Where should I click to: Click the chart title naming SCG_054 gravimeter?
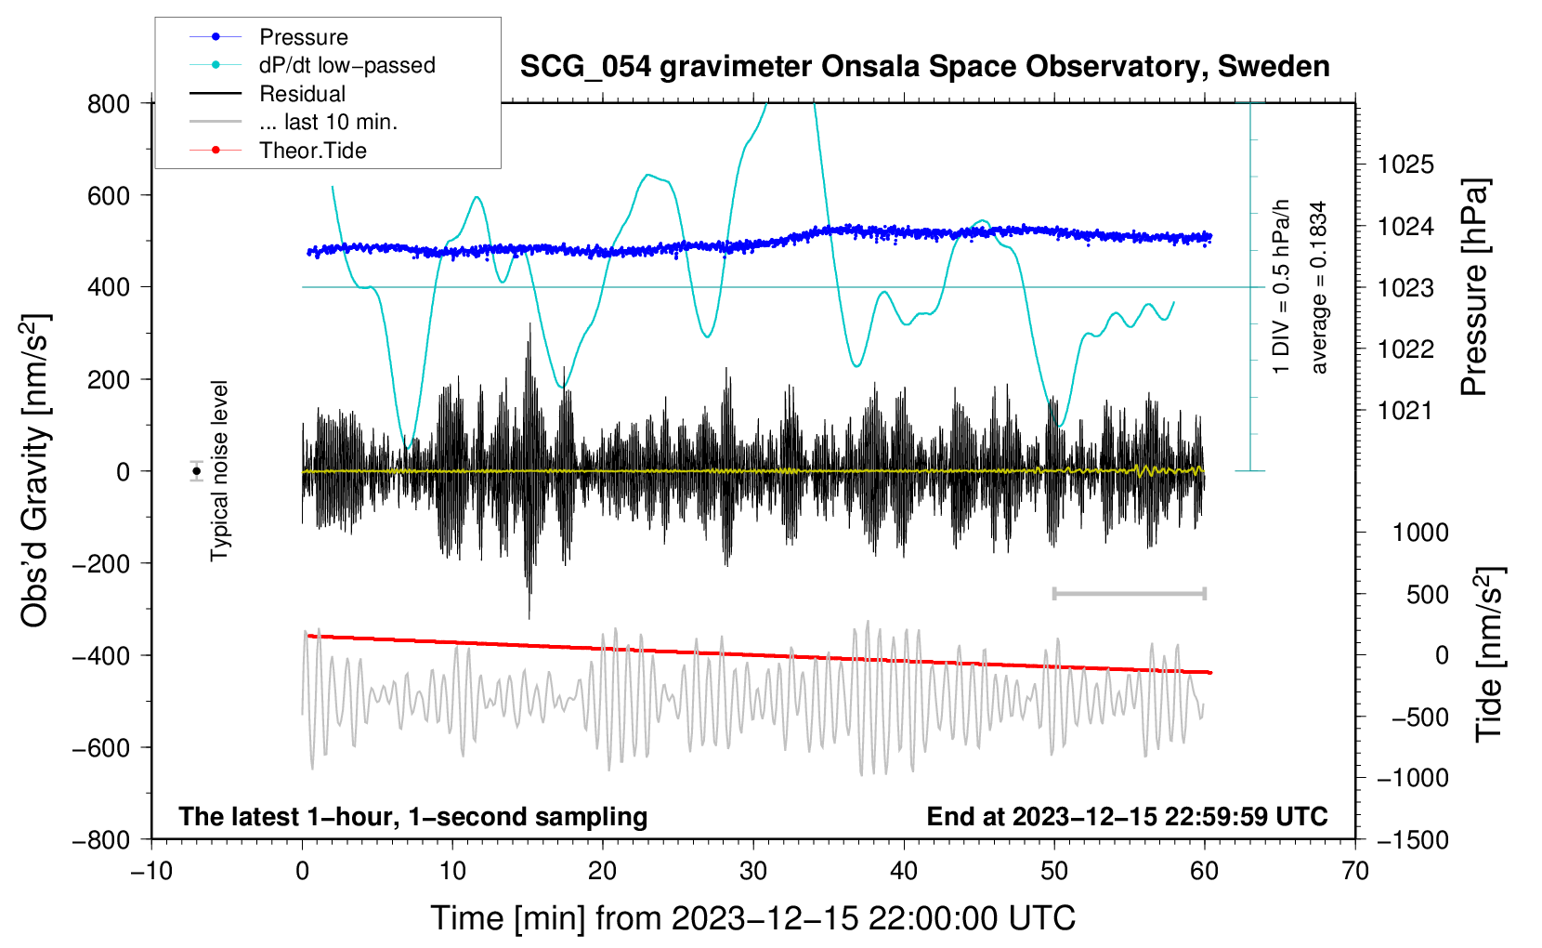tap(924, 67)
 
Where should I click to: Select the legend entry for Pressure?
tap(303, 37)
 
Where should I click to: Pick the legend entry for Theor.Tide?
tap(312, 151)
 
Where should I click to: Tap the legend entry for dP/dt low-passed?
tap(346, 65)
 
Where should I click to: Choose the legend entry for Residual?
tap(302, 94)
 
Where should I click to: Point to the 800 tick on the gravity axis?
tap(109, 103)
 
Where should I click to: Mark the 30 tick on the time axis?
tap(753, 871)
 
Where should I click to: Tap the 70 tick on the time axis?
tap(1355, 871)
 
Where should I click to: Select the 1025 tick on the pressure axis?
tap(1405, 165)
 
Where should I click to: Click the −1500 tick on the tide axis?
tap(1412, 839)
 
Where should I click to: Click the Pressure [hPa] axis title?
tap(1474, 288)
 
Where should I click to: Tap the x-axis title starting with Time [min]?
tap(752, 918)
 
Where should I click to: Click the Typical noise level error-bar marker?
tap(197, 471)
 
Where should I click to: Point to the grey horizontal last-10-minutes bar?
tap(1130, 594)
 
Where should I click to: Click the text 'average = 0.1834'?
tap(1319, 288)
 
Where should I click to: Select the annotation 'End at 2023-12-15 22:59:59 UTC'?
tap(1127, 816)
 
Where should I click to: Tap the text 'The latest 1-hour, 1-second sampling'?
tap(413, 816)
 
